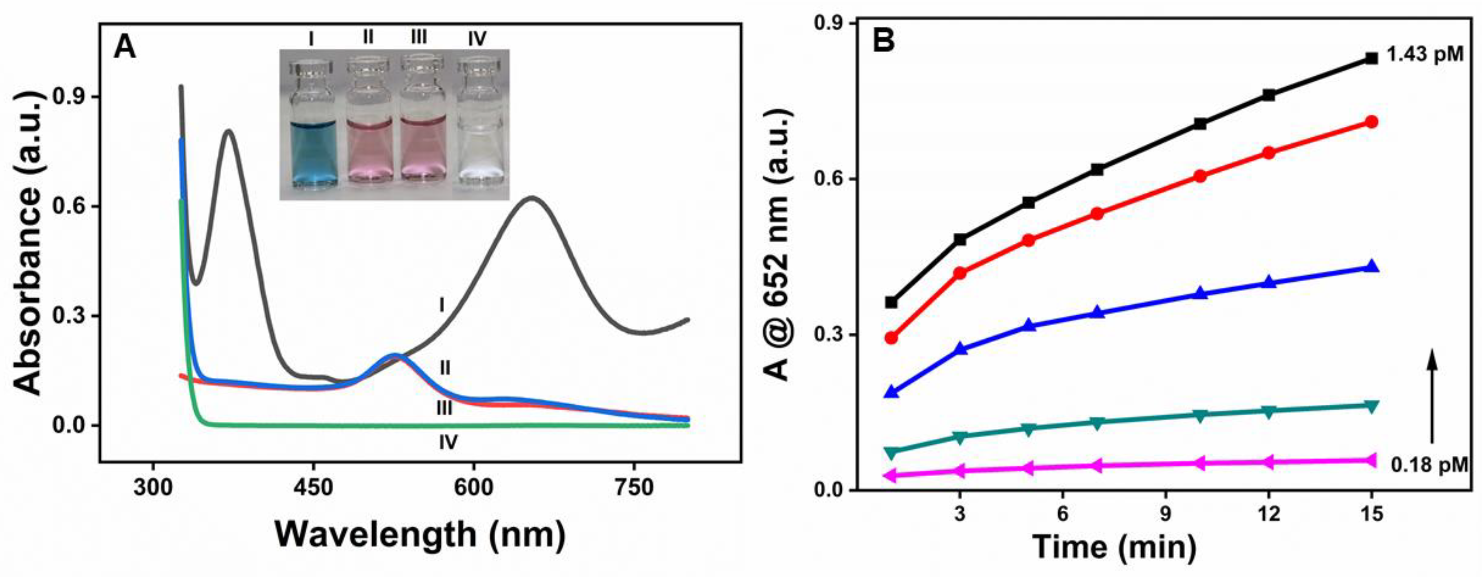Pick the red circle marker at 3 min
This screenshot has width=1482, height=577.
point(960,273)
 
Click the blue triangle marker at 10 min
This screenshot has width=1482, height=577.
point(1200,293)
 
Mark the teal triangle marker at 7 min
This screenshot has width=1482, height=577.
point(1097,423)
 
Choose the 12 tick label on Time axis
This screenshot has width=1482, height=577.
point(1268,514)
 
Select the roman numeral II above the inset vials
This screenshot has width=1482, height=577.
point(368,37)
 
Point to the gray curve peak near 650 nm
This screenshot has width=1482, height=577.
point(532,198)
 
